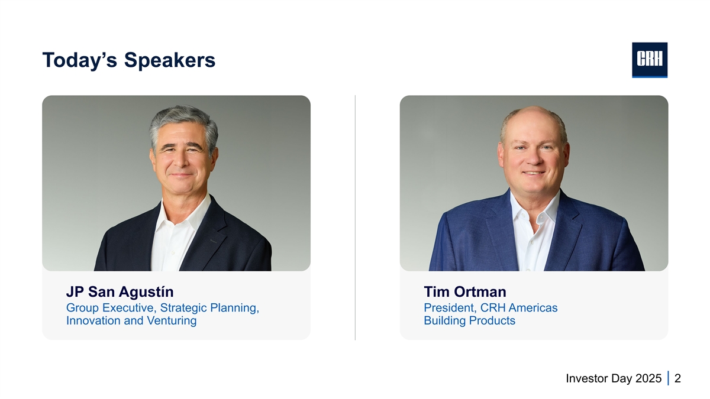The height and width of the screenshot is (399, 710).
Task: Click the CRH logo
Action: (x=650, y=60)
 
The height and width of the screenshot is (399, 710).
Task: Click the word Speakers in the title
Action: (x=170, y=60)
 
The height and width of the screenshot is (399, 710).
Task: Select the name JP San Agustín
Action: (x=120, y=291)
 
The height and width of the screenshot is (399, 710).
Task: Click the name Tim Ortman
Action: (x=465, y=291)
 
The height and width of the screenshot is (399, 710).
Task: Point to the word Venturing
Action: (x=172, y=320)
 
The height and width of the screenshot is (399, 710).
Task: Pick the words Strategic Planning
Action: (x=209, y=308)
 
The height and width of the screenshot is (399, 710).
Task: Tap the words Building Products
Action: (x=469, y=320)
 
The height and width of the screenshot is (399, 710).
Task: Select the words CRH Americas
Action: (x=519, y=308)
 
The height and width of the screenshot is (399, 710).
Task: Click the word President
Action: (x=450, y=308)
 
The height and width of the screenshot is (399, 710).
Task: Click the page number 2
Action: (x=677, y=378)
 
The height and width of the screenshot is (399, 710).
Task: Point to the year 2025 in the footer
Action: (x=648, y=378)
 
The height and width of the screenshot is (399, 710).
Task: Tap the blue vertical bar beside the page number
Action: (x=668, y=378)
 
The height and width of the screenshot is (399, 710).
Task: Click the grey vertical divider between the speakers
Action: (x=355, y=218)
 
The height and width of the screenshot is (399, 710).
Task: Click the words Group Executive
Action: (x=111, y=308)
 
